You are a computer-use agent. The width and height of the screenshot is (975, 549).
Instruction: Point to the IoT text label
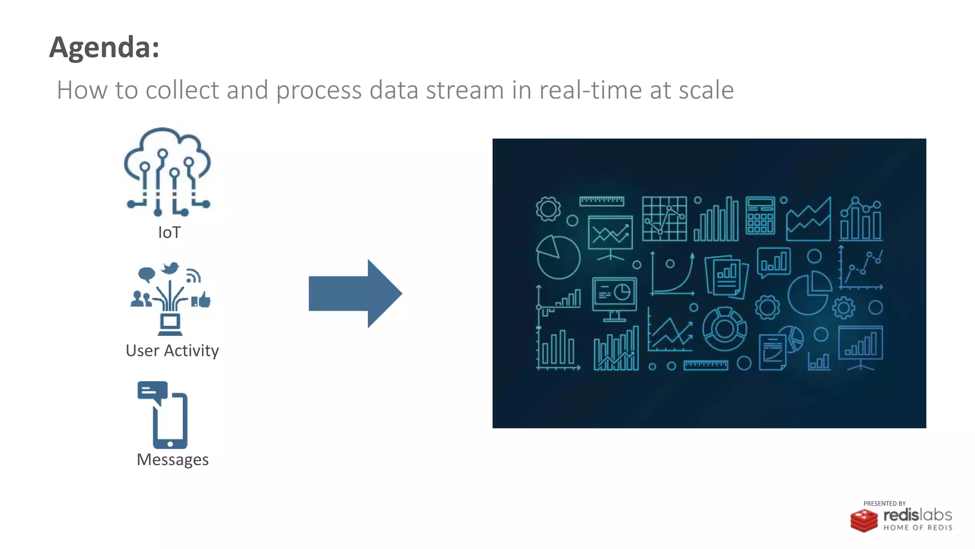click(x=169, y=233)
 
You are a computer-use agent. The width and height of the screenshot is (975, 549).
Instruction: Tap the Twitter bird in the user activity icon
click(x=170, y=268)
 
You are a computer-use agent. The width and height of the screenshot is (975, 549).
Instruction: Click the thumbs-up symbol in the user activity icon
click(x=204, y=300)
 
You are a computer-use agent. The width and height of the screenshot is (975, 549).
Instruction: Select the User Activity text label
click(x=172, y=351)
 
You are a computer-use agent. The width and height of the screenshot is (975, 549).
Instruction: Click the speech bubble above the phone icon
click(x=152, y=391)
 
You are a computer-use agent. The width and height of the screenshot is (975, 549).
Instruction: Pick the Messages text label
click(x=172, y=460)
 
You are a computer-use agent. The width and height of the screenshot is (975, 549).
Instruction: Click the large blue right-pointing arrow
click(x=355, y=294)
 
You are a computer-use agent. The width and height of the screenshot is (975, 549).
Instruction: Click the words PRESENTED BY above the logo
click(x=884, y=504)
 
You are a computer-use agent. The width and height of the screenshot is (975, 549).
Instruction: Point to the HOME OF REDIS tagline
click(x=918, y=528)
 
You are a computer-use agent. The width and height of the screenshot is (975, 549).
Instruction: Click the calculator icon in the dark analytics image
click(x=760, y=216)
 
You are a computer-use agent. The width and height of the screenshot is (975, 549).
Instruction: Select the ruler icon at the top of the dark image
click(x=602, y=201)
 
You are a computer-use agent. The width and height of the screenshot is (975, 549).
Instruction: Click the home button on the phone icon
click(x=170, y=444)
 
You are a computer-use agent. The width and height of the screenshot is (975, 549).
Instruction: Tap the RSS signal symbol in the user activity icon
click(x=193, y=275)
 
